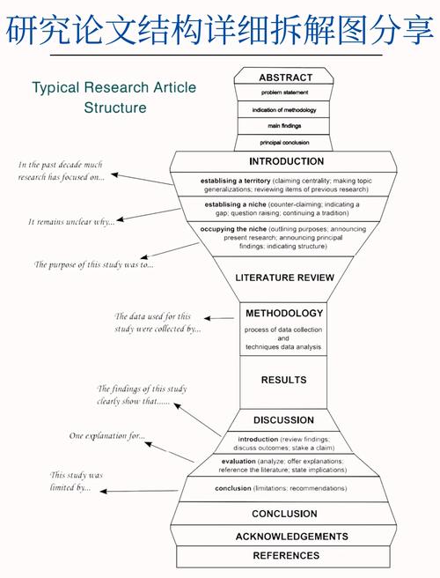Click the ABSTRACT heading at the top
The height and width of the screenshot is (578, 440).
(285, 78)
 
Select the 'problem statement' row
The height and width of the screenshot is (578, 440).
(284, 93)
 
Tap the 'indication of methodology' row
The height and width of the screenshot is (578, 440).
(284, 110)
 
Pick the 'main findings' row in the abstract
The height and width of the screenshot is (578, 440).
(284, 126)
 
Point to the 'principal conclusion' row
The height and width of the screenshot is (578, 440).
(284, 143)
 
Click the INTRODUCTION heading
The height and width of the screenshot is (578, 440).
(287, 161)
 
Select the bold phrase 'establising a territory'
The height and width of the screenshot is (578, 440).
(235, 181)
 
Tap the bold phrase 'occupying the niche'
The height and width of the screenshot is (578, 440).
(233, 229)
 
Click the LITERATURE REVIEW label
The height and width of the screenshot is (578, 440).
(284, 278)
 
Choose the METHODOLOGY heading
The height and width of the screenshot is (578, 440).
(284, 314)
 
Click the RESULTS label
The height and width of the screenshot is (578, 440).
(283, 380)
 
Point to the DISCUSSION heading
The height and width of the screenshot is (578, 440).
(283, 420)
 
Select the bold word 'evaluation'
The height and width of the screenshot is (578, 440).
(238, 461)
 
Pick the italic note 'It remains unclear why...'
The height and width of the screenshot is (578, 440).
(71, 221)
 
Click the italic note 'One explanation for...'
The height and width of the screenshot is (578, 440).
(107, 436)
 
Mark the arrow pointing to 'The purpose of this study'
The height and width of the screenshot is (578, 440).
(170, 250)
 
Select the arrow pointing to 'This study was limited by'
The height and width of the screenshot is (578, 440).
(139, 491)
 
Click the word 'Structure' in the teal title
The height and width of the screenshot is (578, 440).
(115, 107)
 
